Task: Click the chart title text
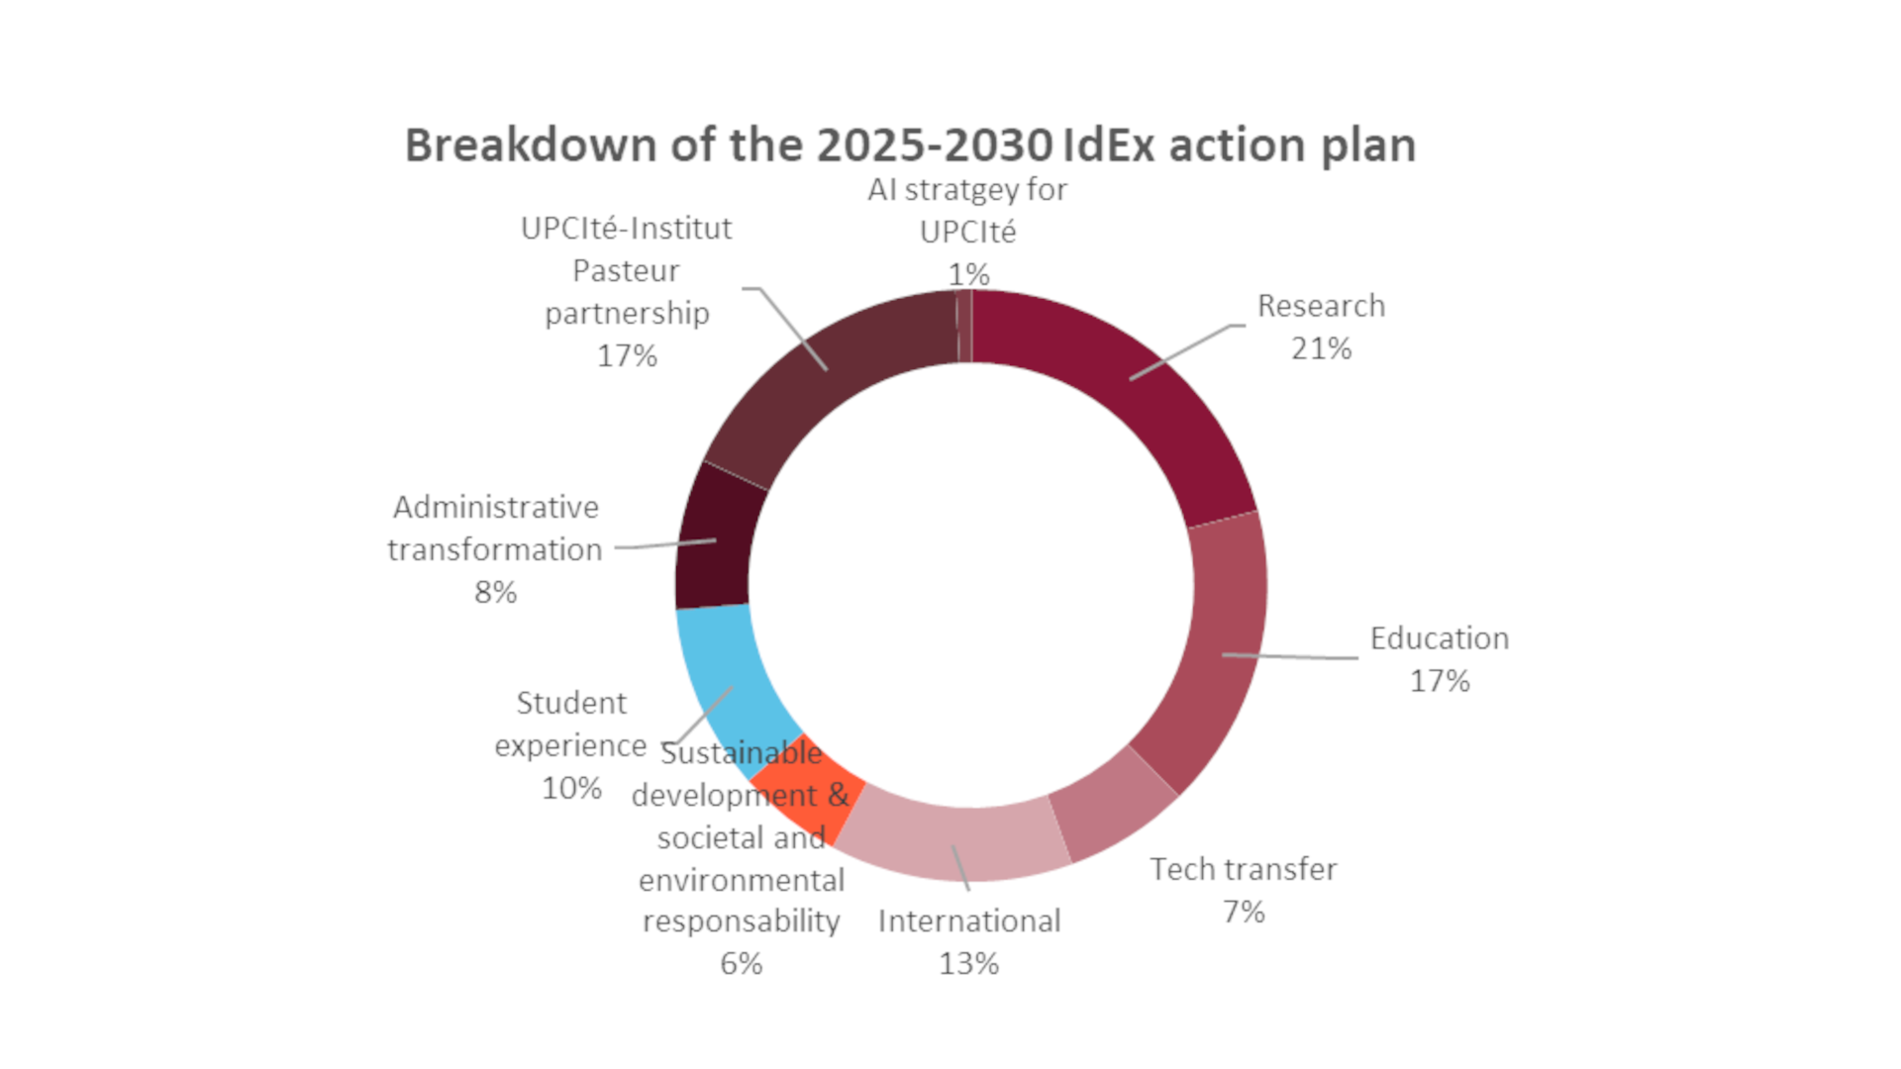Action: point(910,146)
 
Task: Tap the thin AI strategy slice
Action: point(964,327)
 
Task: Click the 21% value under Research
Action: point(1321,349)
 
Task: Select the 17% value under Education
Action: point(1440,682)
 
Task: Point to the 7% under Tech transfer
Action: point(1244,912)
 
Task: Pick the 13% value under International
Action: point(968,964)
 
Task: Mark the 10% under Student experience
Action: point(571,789)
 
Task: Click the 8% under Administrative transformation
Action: point(495,593)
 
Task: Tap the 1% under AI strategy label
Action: point(968,274)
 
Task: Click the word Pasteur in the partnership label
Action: point(626,271)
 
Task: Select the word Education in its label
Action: point(1440,639)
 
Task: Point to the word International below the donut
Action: point(968,922)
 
